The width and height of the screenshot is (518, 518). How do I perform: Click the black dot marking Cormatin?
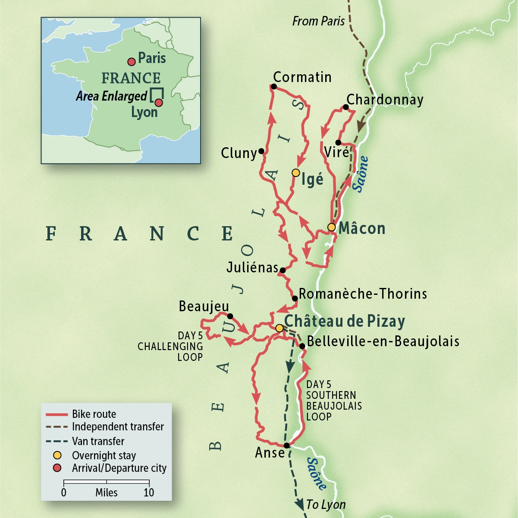pos(273,87)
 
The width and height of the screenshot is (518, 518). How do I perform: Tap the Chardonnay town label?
pos(385,100)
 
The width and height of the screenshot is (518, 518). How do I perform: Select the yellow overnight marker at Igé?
pos(295,173)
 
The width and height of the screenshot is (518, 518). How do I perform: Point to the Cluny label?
pos(239,153)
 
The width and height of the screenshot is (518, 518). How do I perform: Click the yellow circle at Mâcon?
pos(331,227)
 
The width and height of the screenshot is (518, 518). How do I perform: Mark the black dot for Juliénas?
pos(283,271)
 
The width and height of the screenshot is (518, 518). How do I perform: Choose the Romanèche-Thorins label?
pos(363,294)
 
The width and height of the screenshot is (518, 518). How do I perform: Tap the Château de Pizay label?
pos(345,321)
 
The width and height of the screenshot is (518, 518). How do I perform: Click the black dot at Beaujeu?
pos(230,316)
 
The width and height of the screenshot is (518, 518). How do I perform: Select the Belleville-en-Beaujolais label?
pos(383,341)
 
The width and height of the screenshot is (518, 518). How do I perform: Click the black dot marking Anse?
pos(286,445)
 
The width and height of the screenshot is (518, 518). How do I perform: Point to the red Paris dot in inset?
pos(132,62)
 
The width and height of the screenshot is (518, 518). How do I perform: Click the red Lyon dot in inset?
pos(159,103)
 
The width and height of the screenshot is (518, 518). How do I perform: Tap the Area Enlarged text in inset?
pos(112,96)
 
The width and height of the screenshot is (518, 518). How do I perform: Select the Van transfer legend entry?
pos(98,441)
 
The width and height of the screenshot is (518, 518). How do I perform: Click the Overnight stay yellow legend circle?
pos(57,455)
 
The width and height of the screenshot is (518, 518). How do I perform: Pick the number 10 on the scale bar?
pos(149,493)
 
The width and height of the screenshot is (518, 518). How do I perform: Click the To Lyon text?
pos(326,504)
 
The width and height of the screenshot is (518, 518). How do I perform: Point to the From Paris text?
pos(318,21)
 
